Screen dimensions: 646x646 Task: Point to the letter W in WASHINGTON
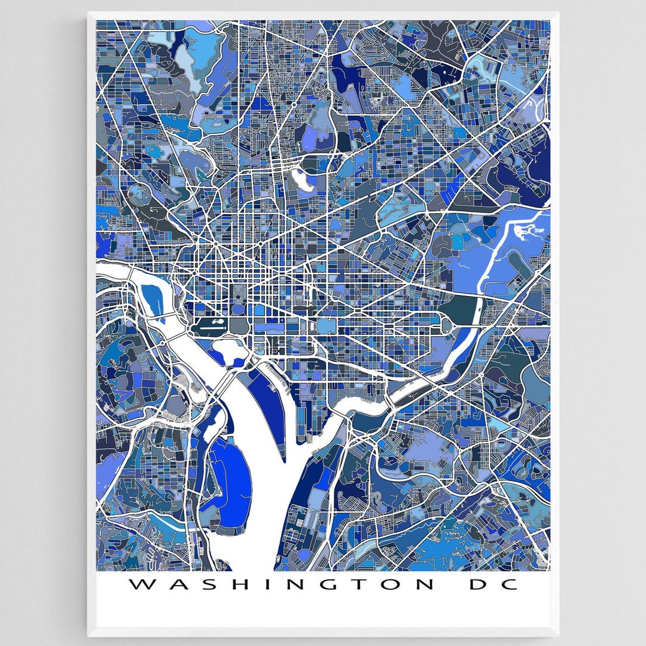click(x=140, y=584)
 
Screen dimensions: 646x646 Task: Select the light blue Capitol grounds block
click(x=327, y=327)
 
